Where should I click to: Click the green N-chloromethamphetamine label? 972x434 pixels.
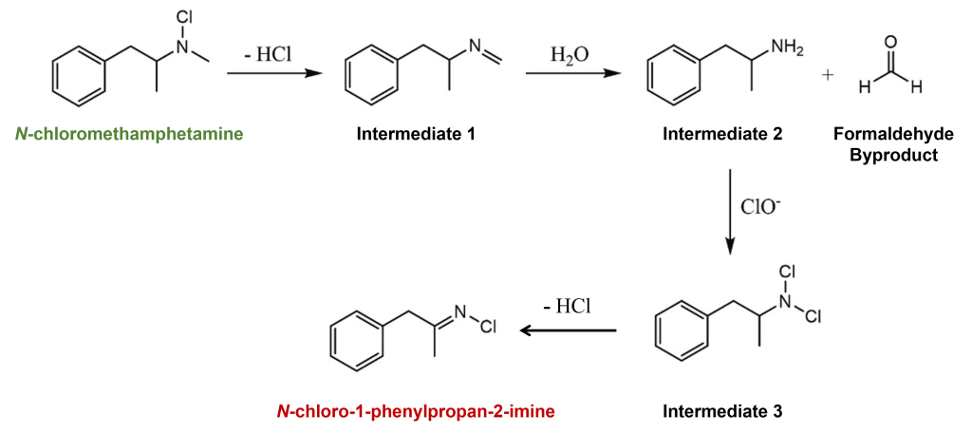(129, 134)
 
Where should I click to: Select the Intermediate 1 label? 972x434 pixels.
(416, 134)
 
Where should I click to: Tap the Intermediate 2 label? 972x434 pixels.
(723, 134)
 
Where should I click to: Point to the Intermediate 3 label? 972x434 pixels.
(723, 412)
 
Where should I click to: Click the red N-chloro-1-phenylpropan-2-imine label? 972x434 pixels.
(416, 412)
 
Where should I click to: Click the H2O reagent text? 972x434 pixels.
(570, 54)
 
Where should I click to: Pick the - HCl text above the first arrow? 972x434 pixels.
(267, 54)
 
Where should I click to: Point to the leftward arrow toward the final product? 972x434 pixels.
(568, 331)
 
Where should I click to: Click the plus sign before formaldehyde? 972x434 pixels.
(828, 75)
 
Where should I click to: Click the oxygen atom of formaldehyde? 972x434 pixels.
(889, 42)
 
